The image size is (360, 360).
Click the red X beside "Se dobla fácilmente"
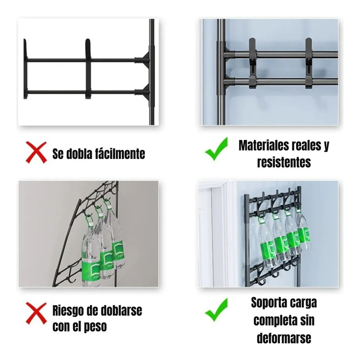point(36,152)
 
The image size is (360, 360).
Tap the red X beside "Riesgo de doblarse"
point(36,313)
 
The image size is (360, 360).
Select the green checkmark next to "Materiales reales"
point(216,148)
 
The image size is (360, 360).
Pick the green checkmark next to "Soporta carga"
point(216,310)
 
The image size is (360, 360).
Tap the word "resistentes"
point(284,162)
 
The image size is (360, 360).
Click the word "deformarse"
point(284,338)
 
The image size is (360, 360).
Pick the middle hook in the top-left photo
point(88,69)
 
